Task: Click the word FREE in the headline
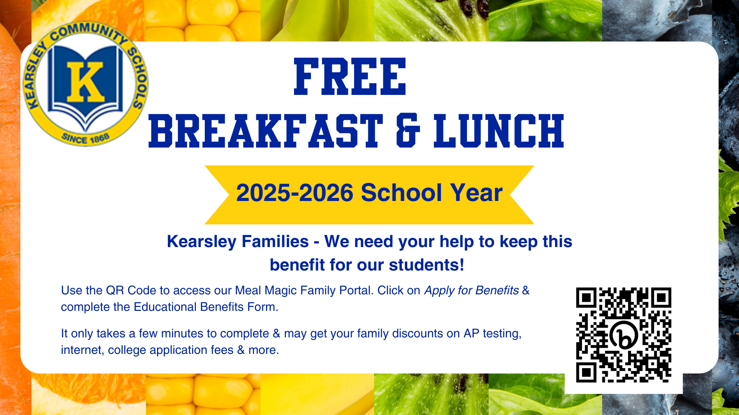coord(350,77)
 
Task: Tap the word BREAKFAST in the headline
coord(266,131)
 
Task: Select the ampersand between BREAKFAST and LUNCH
coord(408,131)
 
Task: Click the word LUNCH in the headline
coord(499,131)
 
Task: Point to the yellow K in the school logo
coord(85,81)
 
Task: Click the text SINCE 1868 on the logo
coord(86,138)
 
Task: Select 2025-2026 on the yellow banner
coord(294,193)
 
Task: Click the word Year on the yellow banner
coord(477,193)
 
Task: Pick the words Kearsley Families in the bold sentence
coord(237,242)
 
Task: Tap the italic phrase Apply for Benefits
coord(471,290)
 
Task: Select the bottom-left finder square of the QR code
coord(586,372)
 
